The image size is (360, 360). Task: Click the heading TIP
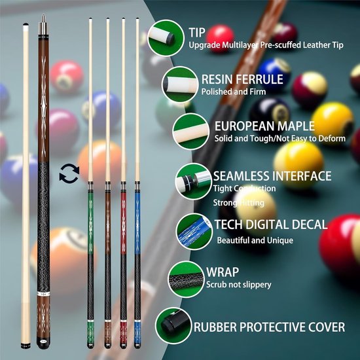click(x=197, y=33)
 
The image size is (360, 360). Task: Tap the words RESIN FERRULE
click(x=242, y=79)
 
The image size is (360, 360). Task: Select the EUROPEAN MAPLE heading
click(x=264, y=126)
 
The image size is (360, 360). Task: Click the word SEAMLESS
click(x=240, y=176)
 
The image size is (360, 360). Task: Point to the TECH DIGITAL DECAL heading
click(x=271, y=225)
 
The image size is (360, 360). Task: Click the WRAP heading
click(x=223, y=272)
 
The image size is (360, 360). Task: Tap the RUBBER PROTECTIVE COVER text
click(x=269, y=327)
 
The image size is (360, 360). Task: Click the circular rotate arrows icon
click(x=69, y=173)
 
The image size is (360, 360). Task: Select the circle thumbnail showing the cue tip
click(x=166, y=38)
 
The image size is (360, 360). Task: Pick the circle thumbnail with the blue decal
click(x=194, y=232)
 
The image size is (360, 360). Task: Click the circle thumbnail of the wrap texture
click(x=186, y=279)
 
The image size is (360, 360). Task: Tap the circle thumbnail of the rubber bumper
click(x=173, y=325)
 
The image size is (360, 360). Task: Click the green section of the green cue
click(x=90, y=223)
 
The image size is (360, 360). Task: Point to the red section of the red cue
click(x=123, y=223)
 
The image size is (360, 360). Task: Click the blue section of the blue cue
click(x=137, y=223)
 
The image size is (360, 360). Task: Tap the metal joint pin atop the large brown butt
click(x=43, y=25)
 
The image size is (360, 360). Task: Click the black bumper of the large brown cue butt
click(x=43, y=343)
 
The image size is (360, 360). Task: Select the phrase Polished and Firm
click(x=234, y=92)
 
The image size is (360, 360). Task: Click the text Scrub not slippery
click(x=238, y=285)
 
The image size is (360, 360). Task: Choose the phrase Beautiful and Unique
click(x=255, y=240)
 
